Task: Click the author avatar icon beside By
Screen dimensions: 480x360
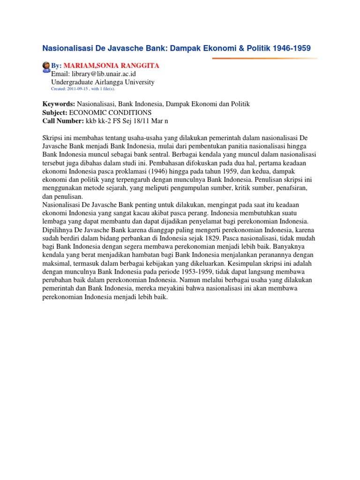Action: pyautogui.click(x=46, y=66)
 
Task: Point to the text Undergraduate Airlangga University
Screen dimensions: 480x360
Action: pyautogui.click(x=103, y=82)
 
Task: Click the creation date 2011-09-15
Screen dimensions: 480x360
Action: pyautogui.click(x=77, y=88)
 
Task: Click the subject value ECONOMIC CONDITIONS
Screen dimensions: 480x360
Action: pyautogui.click(x=110, y=112)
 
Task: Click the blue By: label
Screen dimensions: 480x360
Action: pyautogui.click(x=56, y=66)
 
